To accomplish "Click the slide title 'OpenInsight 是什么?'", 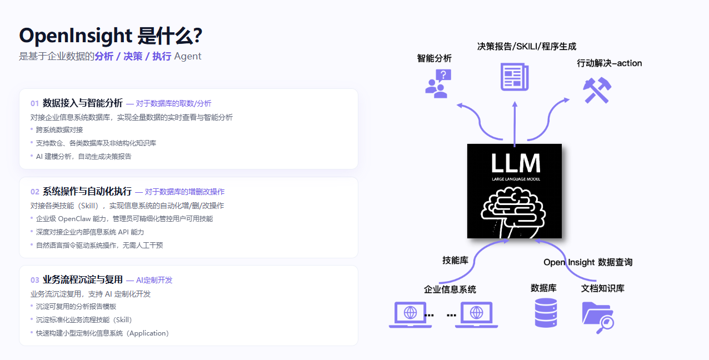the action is [x=111, y=36].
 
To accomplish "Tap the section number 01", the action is [x=34, y=103].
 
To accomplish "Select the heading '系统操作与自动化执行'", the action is [x=87, y=191].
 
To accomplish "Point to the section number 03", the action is [x=34, y=280].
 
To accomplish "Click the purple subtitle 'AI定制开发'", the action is [x=154, y=280].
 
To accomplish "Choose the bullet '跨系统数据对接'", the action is [x=59, y=129].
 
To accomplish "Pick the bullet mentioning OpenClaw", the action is [x=124, y=218].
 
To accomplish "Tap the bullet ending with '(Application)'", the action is [x=102, y=333].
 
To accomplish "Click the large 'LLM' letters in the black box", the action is [x=516, y=163].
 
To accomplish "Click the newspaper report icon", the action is [x=515, y=77].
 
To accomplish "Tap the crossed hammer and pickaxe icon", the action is [x=597, y=90].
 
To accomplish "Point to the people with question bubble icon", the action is [x=438, y=83].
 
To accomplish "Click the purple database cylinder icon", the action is [x=546, y=313].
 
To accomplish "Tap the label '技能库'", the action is [x=455, y=261].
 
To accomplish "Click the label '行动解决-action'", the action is [x=610, y=63].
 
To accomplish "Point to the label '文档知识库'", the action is [x=603, y=288].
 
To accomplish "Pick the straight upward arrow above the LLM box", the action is [x=515, y=124].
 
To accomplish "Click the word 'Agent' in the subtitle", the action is [x=188, y=56].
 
